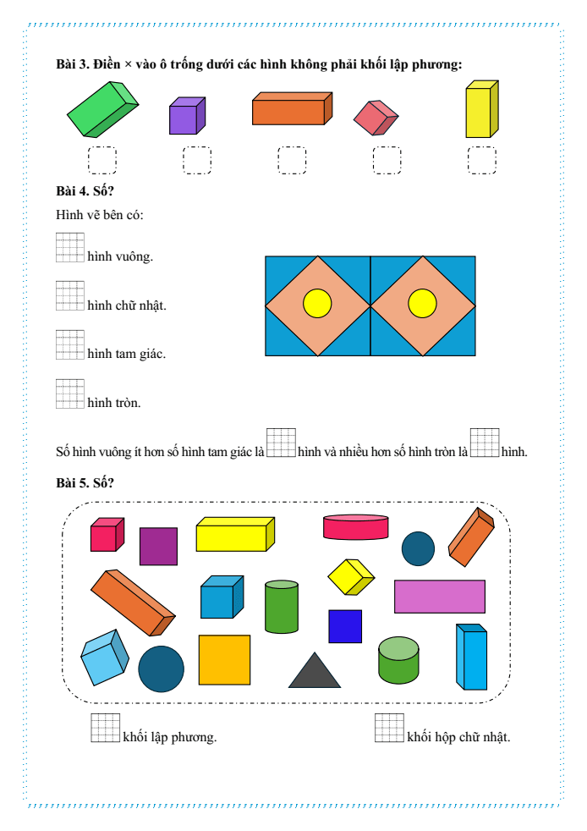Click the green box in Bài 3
tap(102, 109)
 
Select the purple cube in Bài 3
tap(187, 116)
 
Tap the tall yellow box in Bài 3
tap(481, 109)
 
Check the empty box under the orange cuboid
tap(292, 160)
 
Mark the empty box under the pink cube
tap(387, 160)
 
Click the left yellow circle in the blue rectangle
tap(317, 304)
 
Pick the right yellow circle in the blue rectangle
tap(422, 304)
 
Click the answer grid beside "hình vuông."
tap(70, 247)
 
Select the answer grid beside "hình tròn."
tap(70, 393)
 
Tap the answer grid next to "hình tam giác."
tap(70, 345)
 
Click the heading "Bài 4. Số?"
tap(85, 190)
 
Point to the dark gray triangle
tap(314, 670)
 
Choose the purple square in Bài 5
tap(158, 547)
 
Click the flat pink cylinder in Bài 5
tap(355, 527)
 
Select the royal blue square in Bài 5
tap(345, 626)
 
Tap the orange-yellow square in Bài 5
tap(225, 660)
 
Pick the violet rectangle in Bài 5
tap(440, 597)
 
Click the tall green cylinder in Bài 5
tap(282, 607)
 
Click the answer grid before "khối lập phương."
tap(106, 728)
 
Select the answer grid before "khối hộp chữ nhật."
tap(389, 728)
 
